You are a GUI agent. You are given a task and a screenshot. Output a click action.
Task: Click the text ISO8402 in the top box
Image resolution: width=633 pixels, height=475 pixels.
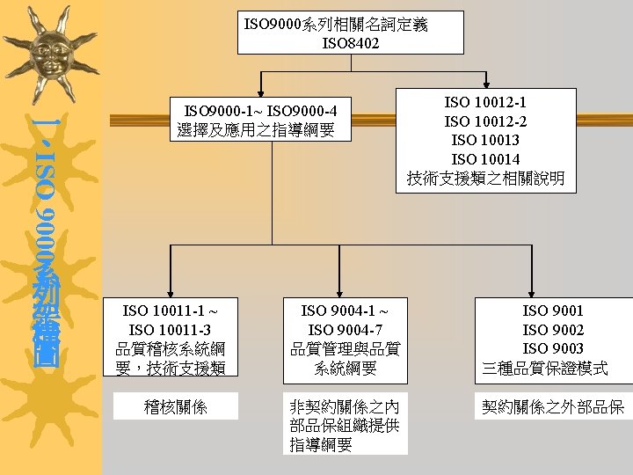click(351, 42)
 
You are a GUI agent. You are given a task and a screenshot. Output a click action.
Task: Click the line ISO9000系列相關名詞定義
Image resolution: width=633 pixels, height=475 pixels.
click(337, 24)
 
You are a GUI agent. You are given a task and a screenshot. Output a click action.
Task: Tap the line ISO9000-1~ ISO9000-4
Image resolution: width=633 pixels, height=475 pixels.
click(260, 112)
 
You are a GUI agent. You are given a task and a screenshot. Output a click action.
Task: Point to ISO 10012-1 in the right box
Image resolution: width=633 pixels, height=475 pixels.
click(485, 102)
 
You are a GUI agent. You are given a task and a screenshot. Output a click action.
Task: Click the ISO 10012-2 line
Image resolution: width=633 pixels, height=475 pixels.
click(485, 121)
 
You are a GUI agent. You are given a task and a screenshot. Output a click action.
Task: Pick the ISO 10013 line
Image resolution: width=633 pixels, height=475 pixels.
click(485, 141)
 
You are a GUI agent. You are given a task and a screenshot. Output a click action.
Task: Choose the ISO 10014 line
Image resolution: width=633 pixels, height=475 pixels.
click(485, 159)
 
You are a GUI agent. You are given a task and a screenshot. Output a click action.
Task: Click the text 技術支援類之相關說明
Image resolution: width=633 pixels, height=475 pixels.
click(485, 179)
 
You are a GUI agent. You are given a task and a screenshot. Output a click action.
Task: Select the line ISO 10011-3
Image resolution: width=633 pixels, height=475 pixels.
click(171, 329)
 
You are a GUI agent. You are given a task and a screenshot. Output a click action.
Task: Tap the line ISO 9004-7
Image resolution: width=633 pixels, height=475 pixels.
click(344, 329)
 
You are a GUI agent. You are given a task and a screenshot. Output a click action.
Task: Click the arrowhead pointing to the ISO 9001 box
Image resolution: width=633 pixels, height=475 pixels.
click(531, 293)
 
